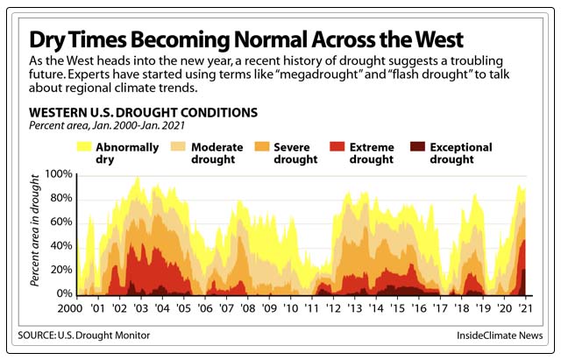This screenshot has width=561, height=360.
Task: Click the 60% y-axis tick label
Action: [60, 222]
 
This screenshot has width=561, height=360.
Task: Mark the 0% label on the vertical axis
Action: [63, 293]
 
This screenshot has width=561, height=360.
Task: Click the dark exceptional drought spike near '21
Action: [524, 282]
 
